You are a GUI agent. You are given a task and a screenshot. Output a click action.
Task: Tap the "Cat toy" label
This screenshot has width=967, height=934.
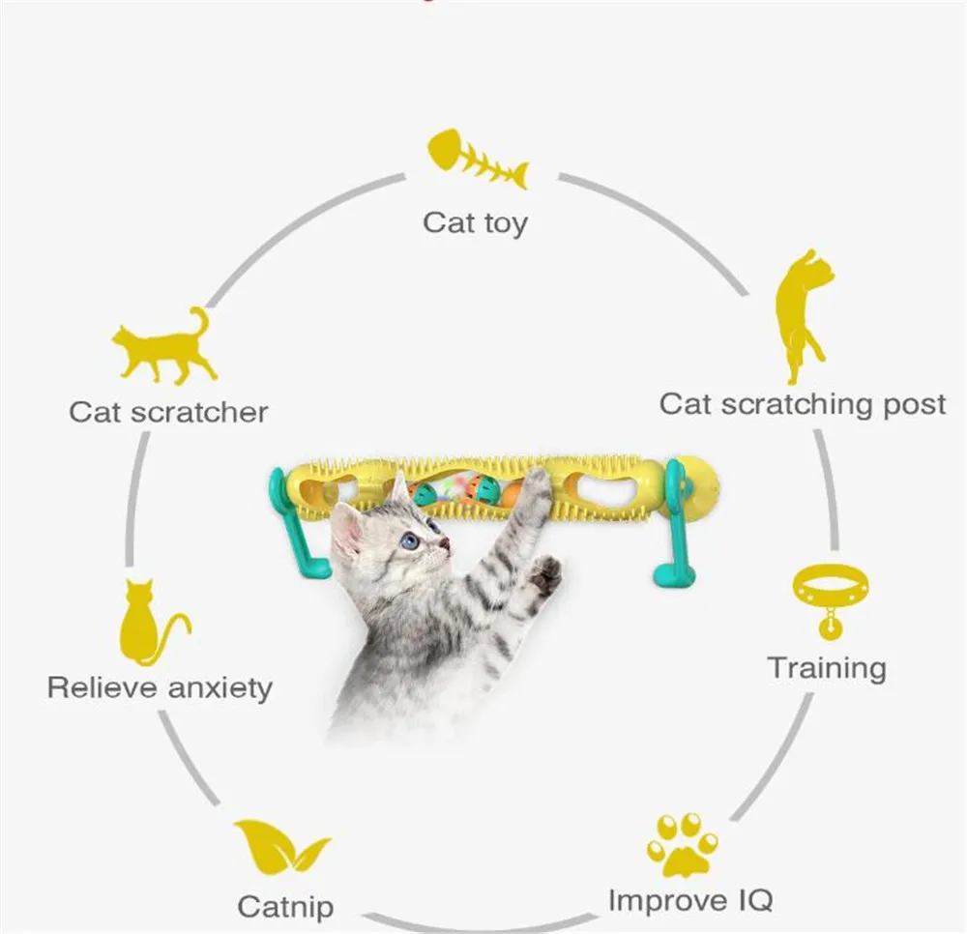(475, 222)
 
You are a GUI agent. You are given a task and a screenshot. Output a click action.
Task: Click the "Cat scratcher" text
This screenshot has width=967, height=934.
(168, 412)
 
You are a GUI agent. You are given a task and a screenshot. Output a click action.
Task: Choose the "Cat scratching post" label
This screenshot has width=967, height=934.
(802, 404)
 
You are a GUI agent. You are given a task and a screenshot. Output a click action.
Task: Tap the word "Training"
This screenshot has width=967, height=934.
(826, 667)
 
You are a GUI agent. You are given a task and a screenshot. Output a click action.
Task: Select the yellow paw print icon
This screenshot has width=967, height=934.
(683, 843)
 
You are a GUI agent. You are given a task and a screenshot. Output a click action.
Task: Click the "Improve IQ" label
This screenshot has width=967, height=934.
(690, 900)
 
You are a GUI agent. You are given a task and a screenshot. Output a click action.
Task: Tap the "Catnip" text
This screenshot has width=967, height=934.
(285, 907)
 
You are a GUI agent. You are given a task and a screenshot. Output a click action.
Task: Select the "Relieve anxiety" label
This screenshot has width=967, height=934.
(160, 688)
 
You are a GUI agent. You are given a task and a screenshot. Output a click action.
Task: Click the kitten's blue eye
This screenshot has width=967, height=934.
(411, 541)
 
